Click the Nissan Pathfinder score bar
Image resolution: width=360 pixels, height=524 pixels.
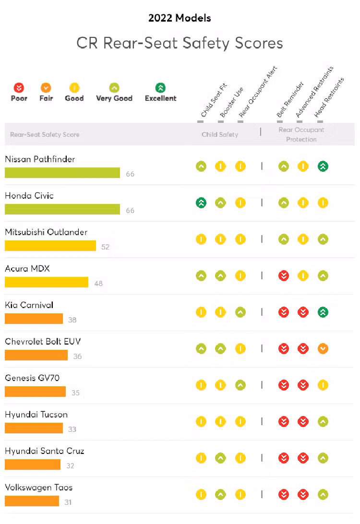tap(62, 173)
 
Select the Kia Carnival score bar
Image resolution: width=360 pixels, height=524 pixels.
tap(34, 319)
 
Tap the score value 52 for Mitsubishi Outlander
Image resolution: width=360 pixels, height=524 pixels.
tap(106, 247)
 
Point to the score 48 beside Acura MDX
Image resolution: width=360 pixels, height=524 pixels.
tap(98, 284)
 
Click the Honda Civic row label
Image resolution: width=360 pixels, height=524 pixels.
tap(29, 196)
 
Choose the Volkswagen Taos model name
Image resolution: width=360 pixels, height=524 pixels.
tap(39, 488)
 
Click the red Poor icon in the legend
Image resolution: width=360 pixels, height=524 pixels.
tap(19, 88)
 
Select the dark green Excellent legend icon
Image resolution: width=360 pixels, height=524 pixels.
tap(160, 88)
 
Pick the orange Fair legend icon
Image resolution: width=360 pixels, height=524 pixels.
tap(46, 88)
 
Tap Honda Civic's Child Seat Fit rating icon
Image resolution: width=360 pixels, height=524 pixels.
tap(201, 203)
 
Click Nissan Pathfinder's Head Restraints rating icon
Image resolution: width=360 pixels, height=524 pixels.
tap(323, 167)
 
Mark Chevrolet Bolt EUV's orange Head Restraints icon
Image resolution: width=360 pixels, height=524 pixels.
tap(323, 349)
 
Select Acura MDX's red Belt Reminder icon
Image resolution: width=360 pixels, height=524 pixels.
tap(284, 276)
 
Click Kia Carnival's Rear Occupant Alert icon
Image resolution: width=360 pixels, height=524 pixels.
tap(240, 312)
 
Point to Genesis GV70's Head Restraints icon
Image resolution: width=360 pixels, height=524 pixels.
tap(323, 385)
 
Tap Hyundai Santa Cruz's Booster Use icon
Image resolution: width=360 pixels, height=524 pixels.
tap(220, 458)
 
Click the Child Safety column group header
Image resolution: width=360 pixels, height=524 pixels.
tap(220, 134)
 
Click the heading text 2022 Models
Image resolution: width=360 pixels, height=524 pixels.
tap(180, 18)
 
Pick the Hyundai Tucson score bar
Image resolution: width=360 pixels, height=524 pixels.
tap(34, 428)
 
